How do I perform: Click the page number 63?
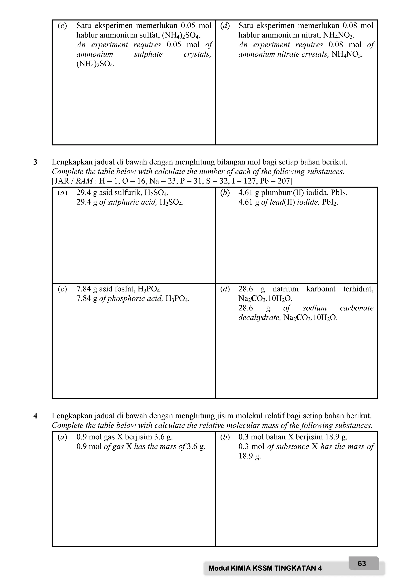click(362, 564)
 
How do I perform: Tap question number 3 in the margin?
click(35, 162)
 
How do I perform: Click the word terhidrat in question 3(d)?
click(358, 289)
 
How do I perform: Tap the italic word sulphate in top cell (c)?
click(149, 54)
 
